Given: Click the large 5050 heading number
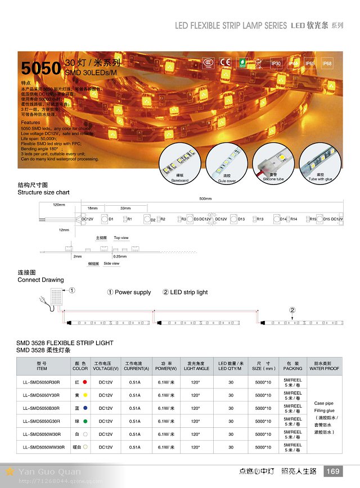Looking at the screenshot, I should (40, 68).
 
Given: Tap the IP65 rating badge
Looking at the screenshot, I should (310, 64).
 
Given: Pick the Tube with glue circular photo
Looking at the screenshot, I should (320, 163).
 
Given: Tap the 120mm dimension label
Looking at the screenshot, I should (59, 205).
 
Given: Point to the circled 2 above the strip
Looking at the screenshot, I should (292, 310).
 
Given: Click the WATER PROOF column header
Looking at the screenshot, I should (324, 366).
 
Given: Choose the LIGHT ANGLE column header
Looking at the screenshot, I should (196, 366).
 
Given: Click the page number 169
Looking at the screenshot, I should (333, 471).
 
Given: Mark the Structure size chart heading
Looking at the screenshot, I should (43, 192).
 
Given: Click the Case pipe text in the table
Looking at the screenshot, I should (324, 403).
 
